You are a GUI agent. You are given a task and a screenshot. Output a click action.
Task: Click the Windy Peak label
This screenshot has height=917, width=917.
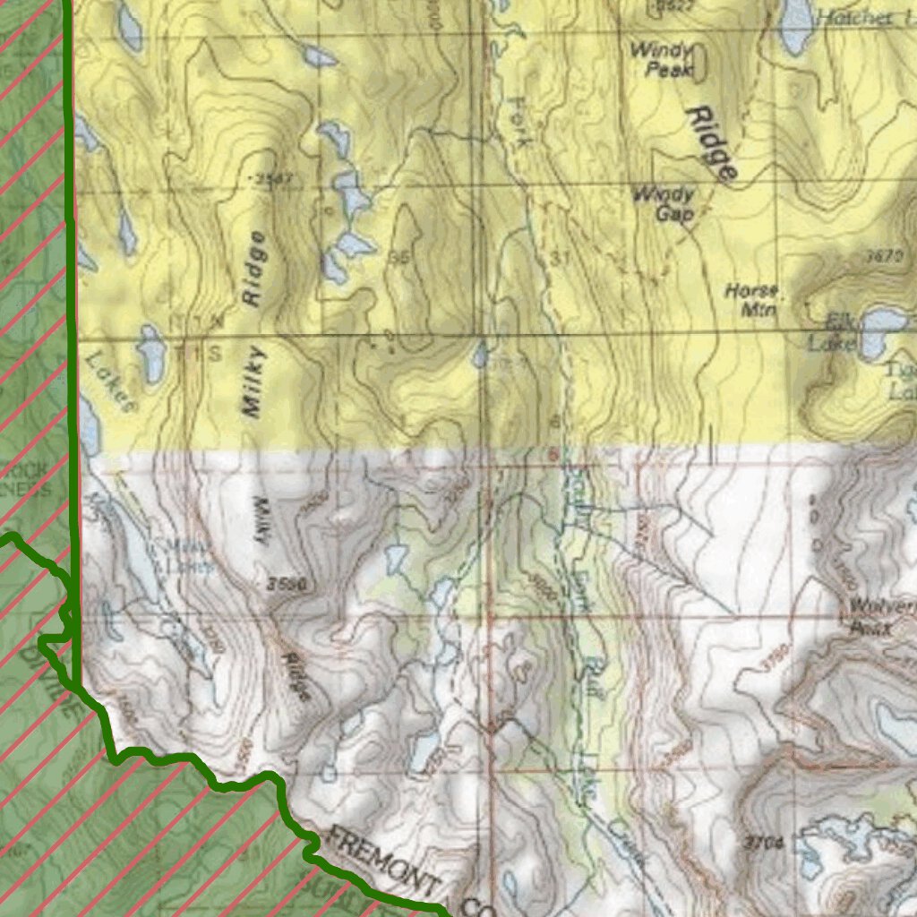click(663, 59)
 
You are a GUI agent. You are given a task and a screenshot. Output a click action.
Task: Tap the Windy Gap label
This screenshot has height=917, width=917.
click(664, 203)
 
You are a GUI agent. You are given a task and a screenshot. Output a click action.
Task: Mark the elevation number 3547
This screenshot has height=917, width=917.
click(273, 180)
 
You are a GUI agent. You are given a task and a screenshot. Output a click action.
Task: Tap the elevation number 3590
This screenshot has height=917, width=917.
click(287, 585)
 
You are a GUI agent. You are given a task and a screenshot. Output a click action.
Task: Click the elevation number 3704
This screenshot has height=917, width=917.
click(763, 843)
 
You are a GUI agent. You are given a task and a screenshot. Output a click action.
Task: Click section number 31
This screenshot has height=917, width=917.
click(561, 258)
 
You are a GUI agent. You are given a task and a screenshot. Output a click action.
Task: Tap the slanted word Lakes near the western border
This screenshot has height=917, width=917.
click(109, 380)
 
